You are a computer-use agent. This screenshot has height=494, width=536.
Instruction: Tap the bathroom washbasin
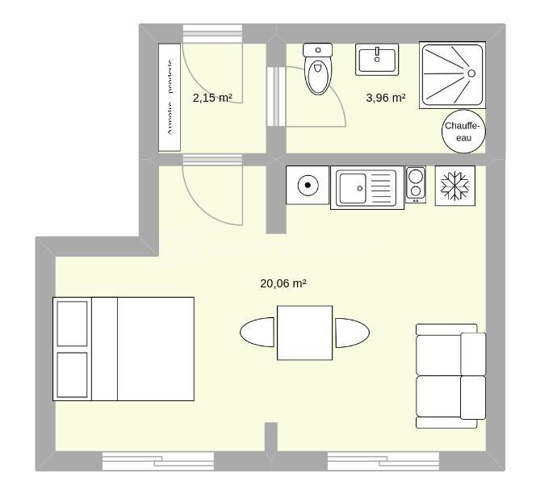click(377, 59)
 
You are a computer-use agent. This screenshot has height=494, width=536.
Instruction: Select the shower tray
click(452, 74)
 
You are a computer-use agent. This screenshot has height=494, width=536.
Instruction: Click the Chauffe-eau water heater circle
click(463, 131)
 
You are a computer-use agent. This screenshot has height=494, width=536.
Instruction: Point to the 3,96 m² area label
click(386, 98)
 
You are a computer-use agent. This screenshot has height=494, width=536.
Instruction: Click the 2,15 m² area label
click(212, 98)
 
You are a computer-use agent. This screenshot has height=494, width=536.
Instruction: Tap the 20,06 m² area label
click(283, 283)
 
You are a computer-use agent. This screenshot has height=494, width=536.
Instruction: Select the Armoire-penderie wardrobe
click(170, 97)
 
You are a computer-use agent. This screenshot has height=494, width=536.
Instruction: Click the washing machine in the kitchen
click(308, 186)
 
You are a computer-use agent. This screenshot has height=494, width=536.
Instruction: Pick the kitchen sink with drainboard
click(366, 187)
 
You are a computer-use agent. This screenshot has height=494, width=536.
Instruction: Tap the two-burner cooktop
click(416, 184)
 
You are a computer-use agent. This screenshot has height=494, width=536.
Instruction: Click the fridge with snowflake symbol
click(455, 186)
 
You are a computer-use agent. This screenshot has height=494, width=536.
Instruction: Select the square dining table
click(304, 333)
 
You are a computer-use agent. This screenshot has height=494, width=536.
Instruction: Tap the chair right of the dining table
click(352, 333)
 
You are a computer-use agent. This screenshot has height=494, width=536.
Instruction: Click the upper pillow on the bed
click(72, 323)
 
